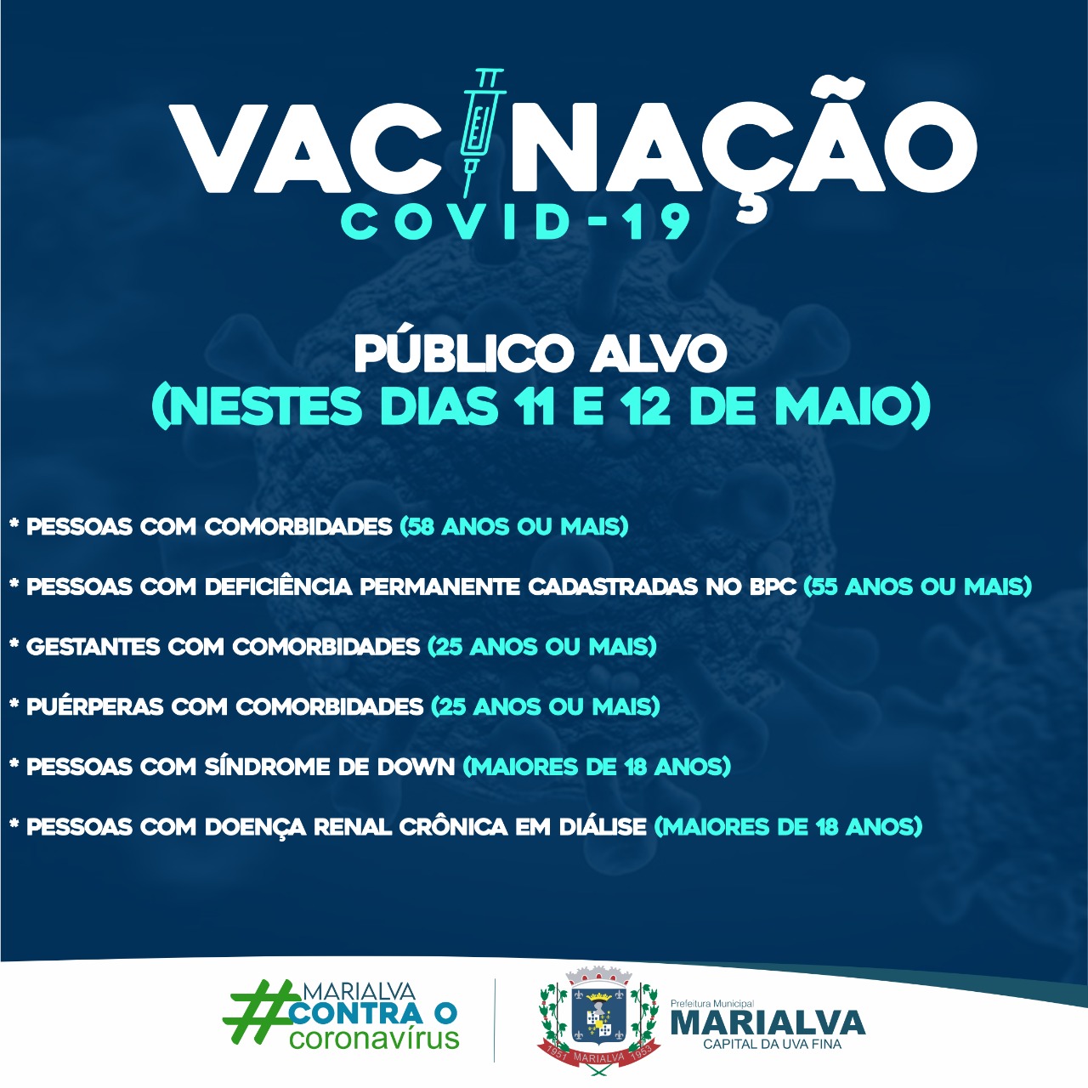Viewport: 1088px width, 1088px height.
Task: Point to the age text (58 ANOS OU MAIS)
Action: pyautogui.click(x=513, y=527)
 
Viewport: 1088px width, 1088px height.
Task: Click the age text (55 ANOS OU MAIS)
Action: pyautogui.click(x=917, y=586)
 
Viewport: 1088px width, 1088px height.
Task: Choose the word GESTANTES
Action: pyautogui.click(x=93, y=647)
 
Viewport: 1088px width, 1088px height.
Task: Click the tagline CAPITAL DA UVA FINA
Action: pyautogui.click(x=772, y=1044)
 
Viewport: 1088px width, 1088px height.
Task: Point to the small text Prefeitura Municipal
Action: pyautogui.click(x=712, y=1003)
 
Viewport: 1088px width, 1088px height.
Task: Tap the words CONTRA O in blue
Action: pyautogui.click(x=373, y=1013)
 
